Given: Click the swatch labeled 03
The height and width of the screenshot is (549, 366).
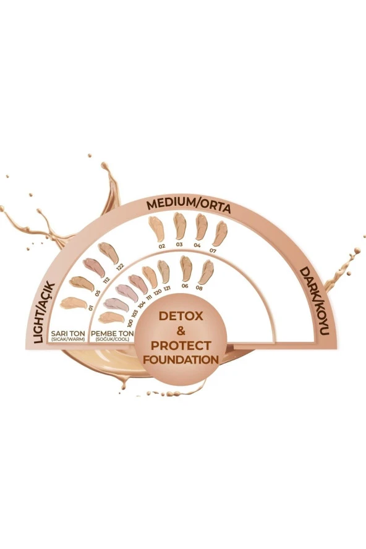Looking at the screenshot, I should [180, 226].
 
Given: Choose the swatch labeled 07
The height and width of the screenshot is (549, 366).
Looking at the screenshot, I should [219, 233].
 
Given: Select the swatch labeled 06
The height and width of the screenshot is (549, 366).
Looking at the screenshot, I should [185, 267].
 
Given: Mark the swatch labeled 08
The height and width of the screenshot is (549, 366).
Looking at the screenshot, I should [205, 271].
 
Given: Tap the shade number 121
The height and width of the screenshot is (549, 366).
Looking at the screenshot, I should [168, 289].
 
